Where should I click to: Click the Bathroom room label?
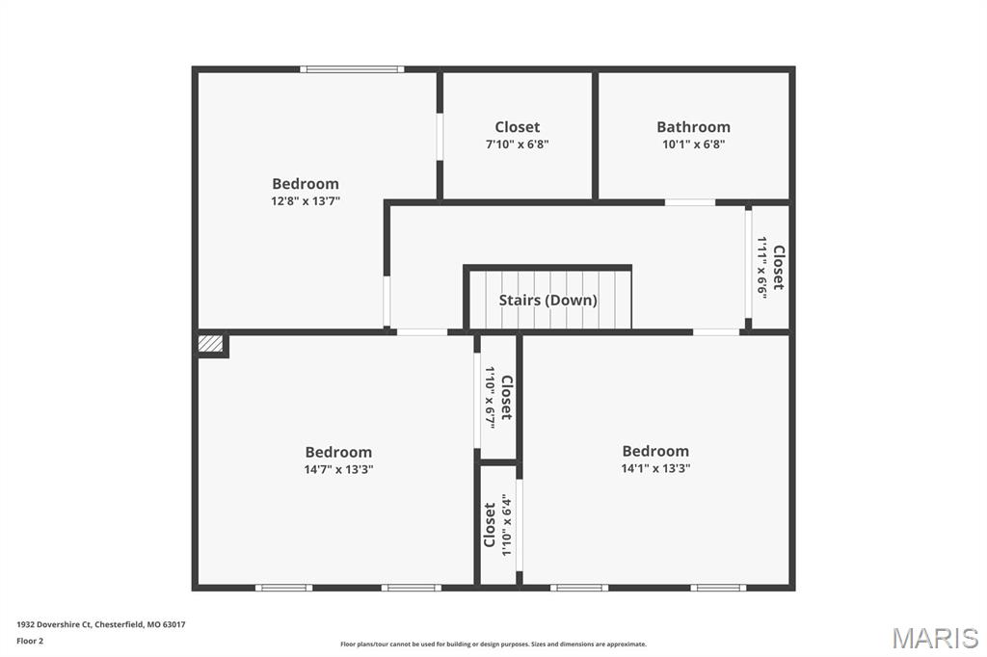(693, 127)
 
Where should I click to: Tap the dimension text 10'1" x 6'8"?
(693, 145)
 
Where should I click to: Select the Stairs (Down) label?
(547, 301)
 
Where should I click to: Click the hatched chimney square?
(210, 344)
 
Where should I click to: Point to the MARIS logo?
(935, 638)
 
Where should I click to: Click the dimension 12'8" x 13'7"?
(306, 201)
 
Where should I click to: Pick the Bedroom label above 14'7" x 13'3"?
(338, 452)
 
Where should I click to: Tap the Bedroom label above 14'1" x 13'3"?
(655, 451)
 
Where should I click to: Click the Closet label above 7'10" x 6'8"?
(517, 127)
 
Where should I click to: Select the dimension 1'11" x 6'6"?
(762, 268)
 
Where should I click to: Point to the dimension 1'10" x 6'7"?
(490, 397)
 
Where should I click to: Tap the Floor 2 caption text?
(30, 642)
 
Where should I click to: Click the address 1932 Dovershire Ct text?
(54, 625)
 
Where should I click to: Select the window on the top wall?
(352, 69)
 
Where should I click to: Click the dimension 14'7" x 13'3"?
(338, 469)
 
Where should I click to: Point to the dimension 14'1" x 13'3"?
(655, 468)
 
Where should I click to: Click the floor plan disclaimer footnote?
(493, 644)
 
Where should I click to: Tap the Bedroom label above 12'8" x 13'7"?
(306, 184)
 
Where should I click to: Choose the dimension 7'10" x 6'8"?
(517, 145)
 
